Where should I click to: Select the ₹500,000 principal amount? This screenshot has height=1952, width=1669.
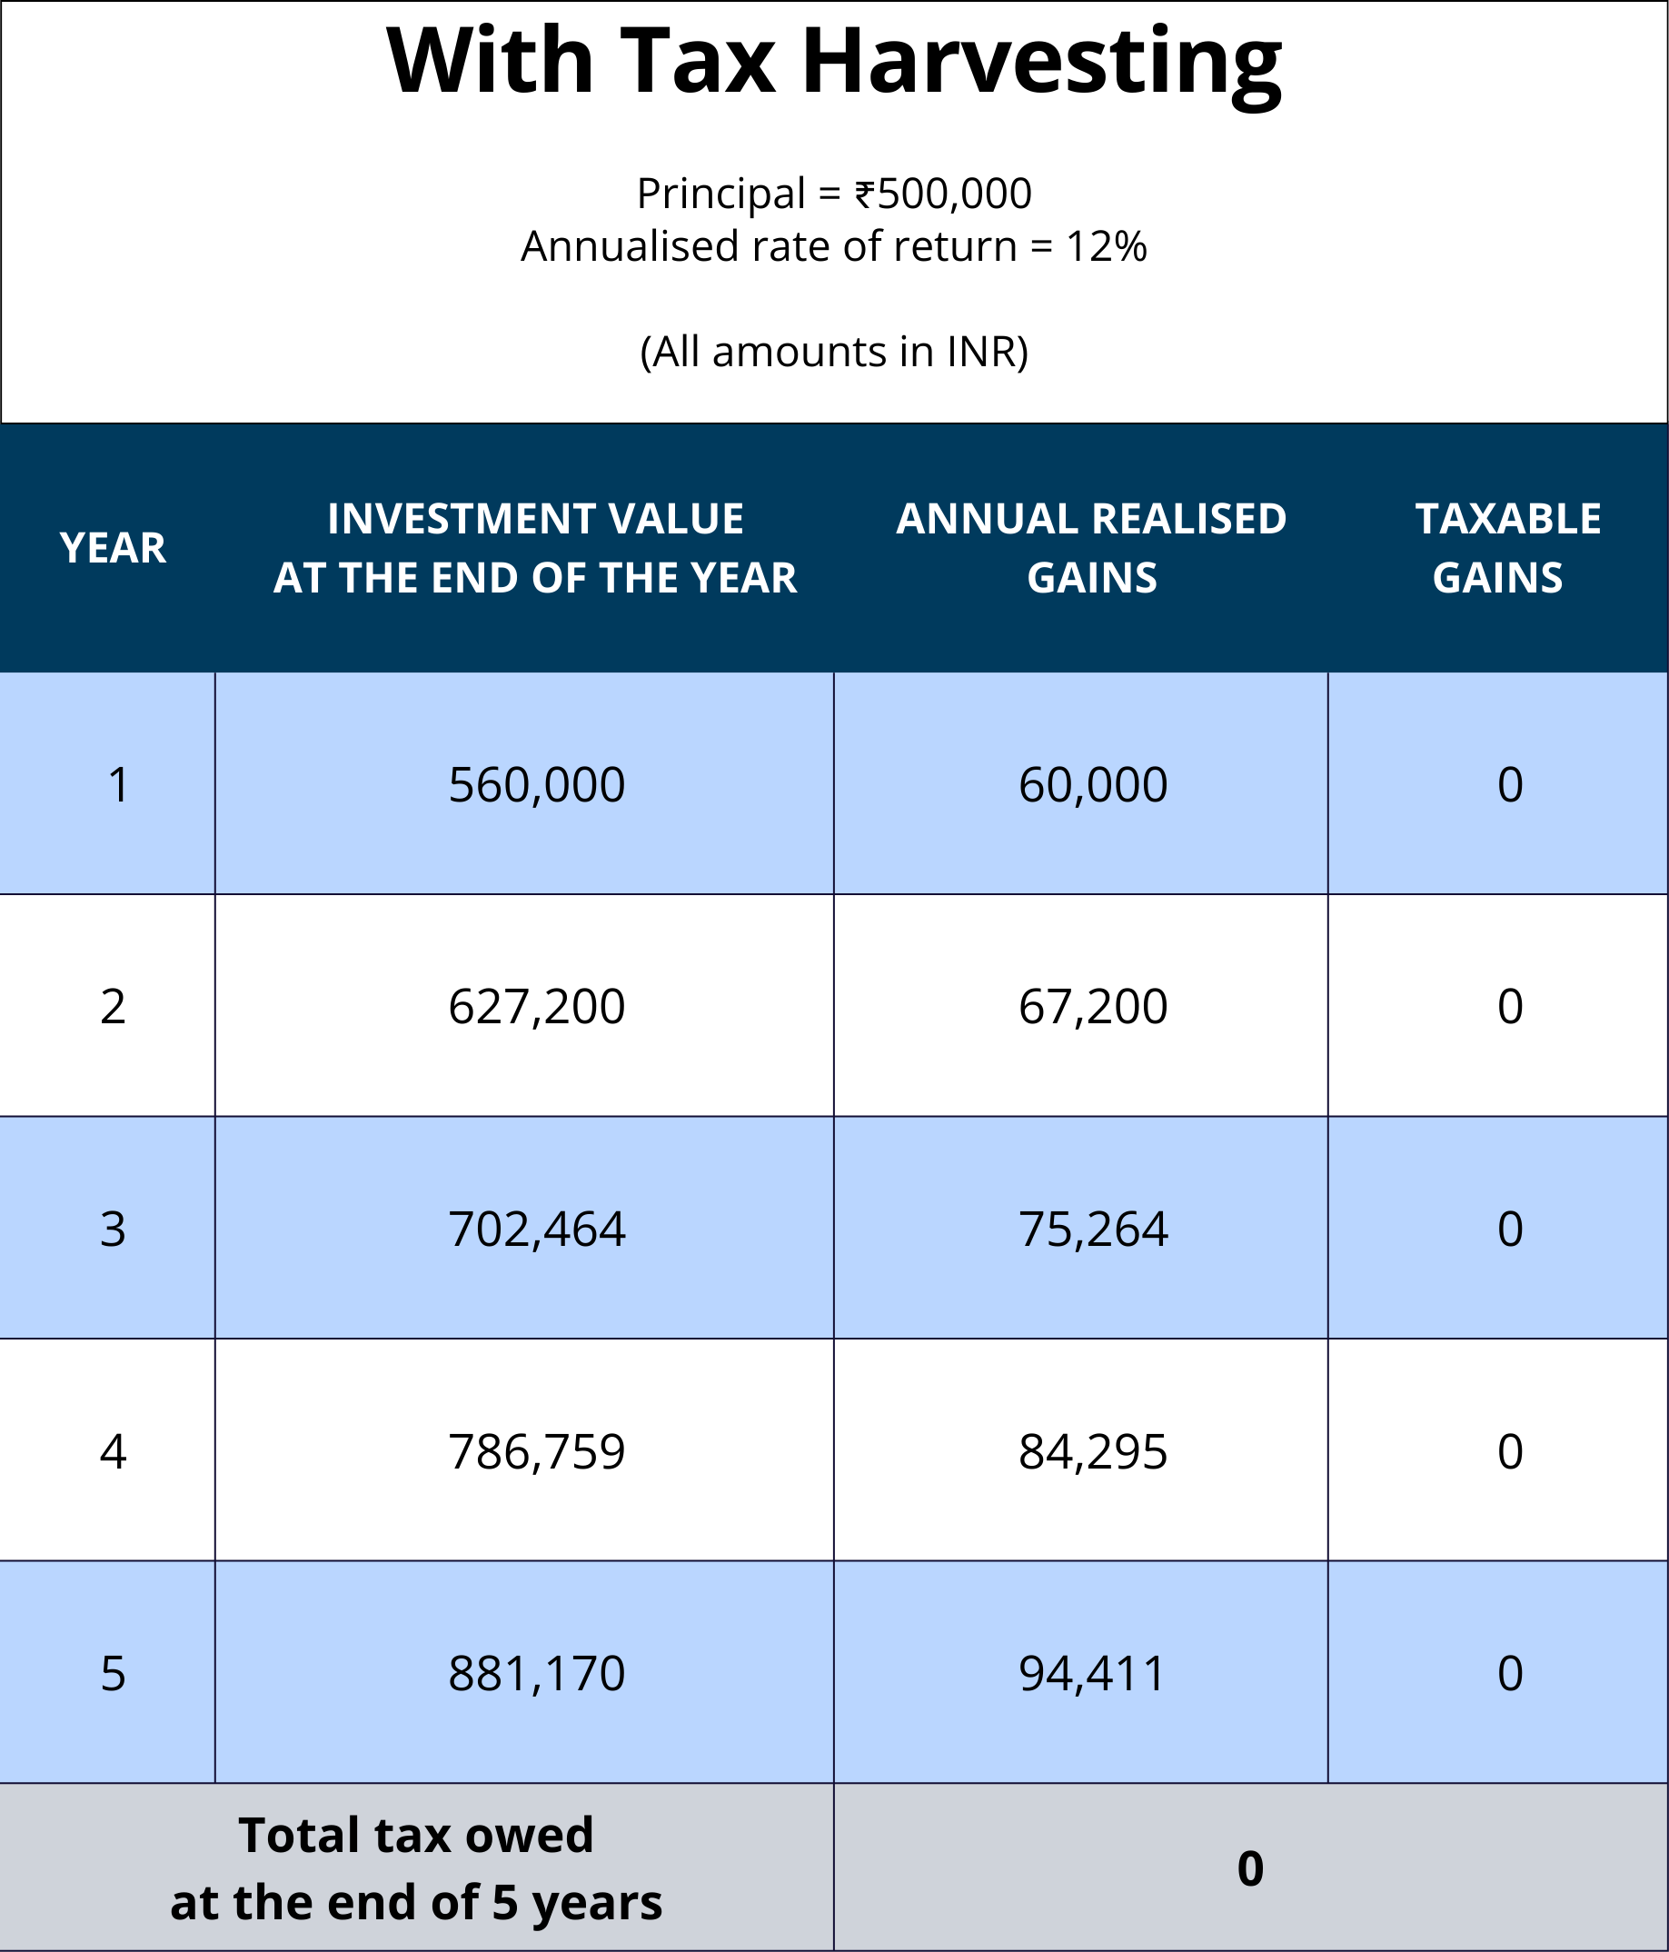coord(943,194)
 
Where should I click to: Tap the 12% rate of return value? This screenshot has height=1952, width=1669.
coord(1106,247)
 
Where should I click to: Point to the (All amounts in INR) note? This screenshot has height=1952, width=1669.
coord(833,352)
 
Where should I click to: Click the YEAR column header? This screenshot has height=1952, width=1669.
coord(113,548)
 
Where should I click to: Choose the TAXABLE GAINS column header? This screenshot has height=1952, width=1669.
coord(1507,548)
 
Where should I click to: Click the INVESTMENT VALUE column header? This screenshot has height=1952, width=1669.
coord(535,548)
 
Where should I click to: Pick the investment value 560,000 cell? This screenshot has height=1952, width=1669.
coord(536,785)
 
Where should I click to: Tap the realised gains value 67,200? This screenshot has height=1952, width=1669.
coord(1093,1007)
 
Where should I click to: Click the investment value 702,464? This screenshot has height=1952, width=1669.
coord(536,1230)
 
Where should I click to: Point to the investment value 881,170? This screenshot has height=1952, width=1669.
coord(536,1674)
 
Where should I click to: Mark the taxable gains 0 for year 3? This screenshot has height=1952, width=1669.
coord(1510,1230)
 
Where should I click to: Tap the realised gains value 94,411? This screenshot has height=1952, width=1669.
coord(1093,1674)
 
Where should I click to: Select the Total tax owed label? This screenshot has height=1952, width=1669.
coord(415,1868)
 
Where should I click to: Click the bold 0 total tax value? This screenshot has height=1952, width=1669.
coord(1250,1869)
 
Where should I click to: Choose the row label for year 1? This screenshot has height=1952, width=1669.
coord(118,785)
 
